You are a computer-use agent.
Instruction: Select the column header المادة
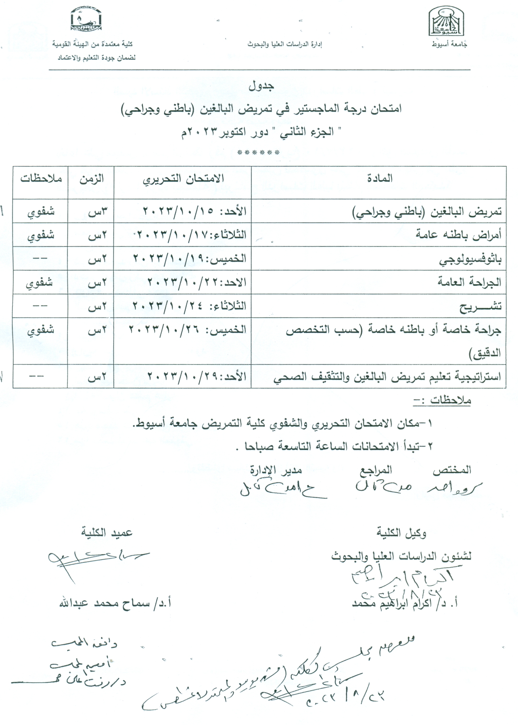point(380,178)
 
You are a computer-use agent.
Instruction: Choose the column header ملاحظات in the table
point(41,179)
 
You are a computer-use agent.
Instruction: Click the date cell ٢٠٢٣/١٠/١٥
point(194,211)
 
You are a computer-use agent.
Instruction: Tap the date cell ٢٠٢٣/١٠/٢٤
point(189,306)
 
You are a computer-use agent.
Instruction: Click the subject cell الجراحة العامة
point(469,282)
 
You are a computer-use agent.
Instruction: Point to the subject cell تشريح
point(480,306)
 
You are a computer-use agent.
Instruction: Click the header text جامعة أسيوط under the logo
point(449,45)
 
